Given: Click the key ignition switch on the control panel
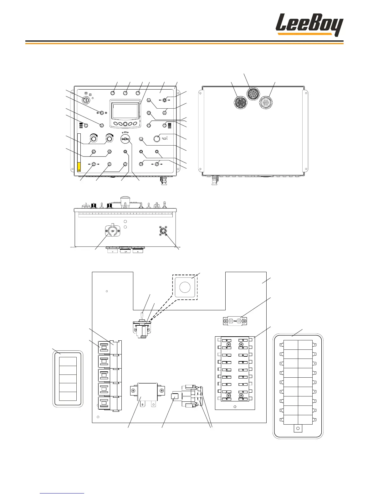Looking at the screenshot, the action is (86, 100).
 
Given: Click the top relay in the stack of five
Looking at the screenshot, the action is (104, 347).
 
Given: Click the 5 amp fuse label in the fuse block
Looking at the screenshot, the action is (226, 392).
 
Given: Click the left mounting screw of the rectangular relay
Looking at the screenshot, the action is (133, 390).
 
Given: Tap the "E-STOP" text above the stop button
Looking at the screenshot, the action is (125, 132).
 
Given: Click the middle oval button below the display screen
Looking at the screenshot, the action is (125, 124).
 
